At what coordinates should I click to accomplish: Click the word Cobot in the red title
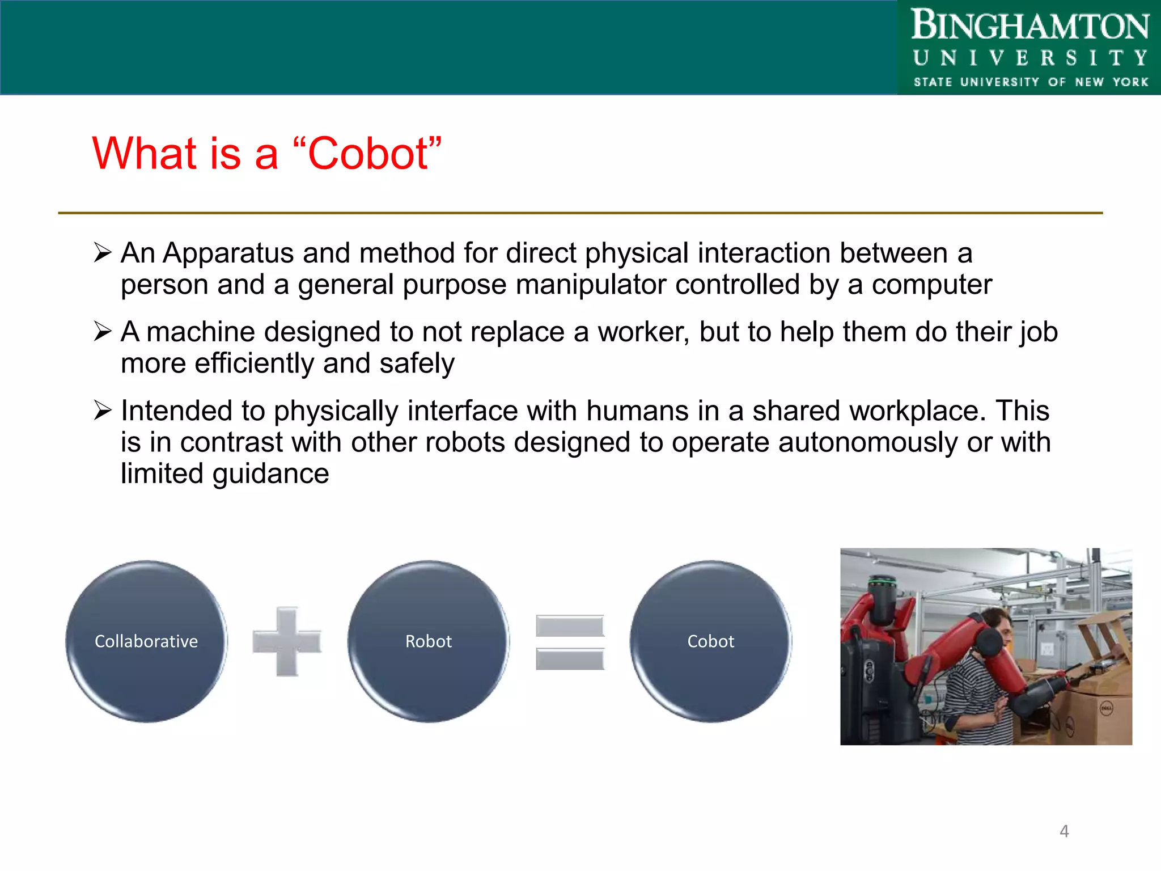pos(368,154)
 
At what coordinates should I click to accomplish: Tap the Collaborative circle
pos(146,641)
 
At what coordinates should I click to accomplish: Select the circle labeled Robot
pos(429,641)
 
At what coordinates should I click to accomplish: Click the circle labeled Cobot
pos(710,641)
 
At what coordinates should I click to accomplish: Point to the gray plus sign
pos(287,641)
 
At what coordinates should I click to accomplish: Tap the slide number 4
pos(1064,831)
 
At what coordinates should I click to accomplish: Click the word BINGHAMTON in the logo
pos(1029,26)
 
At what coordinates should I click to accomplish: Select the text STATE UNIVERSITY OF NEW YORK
pos(1031,82)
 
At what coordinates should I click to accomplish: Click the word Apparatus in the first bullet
pos(228,253)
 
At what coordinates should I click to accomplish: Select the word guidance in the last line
pos(270,474)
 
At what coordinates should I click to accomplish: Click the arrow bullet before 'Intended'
pos(103,410)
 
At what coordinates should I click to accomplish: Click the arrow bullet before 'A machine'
pos(103,331)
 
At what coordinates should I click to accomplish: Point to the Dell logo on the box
pos(1105,708)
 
